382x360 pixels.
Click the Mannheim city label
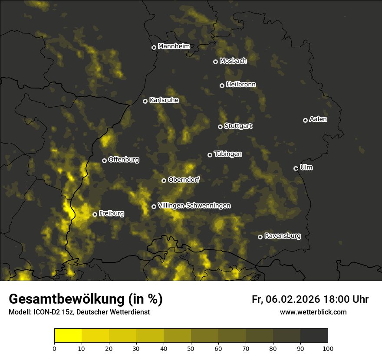pos(174,46)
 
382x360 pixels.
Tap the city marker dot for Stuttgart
pos(220,127)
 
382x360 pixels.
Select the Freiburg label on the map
pos(112,213)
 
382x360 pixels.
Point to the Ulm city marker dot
pos(296,168)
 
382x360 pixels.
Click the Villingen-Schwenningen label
pos(194,206)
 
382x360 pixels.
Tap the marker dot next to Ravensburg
pos(260,237)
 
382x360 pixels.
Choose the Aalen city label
pos(318,119)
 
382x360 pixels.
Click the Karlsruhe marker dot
pos(145,101)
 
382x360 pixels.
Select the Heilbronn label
pos(241,85)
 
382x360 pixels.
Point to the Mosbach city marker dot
pos(215,62)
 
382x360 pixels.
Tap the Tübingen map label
pos(228,154)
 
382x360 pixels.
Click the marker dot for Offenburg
pos(104,160)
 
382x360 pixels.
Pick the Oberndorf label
pos(184,180)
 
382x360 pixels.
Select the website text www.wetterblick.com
pos(313,312)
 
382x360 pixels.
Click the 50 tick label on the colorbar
pos(191,348)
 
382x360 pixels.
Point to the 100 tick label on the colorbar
pos(327,348)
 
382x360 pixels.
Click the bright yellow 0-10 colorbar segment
pos(68,336)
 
